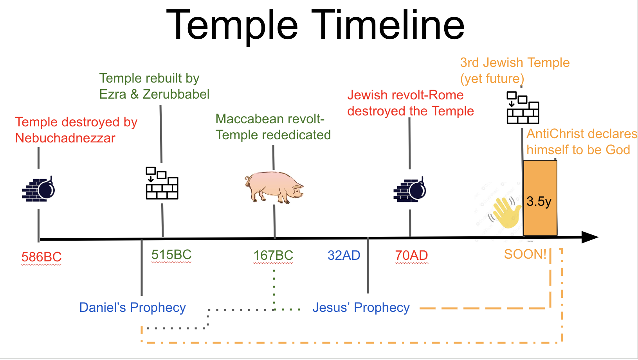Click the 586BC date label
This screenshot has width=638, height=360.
click(41, 257)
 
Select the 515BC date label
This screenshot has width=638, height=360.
click(171, 255)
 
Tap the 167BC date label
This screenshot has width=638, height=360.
click(273, 256)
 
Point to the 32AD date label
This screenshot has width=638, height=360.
click(344, 256)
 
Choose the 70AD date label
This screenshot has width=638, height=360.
click(411, 256)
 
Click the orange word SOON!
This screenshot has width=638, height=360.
click(525, 254)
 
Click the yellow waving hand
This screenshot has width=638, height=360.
click(506, 212)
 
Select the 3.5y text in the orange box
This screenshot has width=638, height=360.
click(539, 202)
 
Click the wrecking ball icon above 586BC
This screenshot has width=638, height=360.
click(38, 189)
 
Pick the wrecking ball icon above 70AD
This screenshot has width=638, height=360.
click(409, 190)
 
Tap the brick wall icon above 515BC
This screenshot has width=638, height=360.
click(162, 183)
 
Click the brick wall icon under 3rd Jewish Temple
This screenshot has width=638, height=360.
click(523, 108)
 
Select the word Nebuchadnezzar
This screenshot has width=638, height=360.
click(65, 138)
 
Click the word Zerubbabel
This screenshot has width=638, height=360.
click(176, 94)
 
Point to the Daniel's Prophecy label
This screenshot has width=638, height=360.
click(132, 308)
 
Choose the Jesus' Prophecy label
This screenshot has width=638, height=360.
click(361, 308)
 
